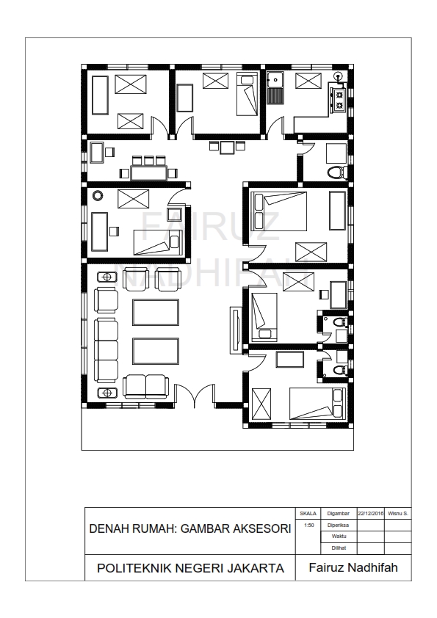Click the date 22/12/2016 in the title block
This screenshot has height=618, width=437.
tap(370, 513)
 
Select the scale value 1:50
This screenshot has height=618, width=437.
tap(308, 526)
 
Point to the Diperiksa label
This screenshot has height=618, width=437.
tap(338, 525)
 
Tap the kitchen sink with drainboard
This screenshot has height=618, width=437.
tap(275, 87)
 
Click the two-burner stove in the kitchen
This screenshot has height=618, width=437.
tap(339, 100)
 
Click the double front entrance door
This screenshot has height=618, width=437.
tap(195, 397)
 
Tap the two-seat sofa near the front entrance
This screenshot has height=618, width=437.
tap(145, 386)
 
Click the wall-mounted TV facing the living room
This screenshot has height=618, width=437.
tap(236, 330)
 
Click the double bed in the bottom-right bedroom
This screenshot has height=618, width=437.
tap(317, 403)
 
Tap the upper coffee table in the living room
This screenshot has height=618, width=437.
tap(155, 312)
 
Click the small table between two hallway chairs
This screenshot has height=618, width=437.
tap(227, 147)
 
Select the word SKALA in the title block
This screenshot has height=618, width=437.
tap(308, 513)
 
